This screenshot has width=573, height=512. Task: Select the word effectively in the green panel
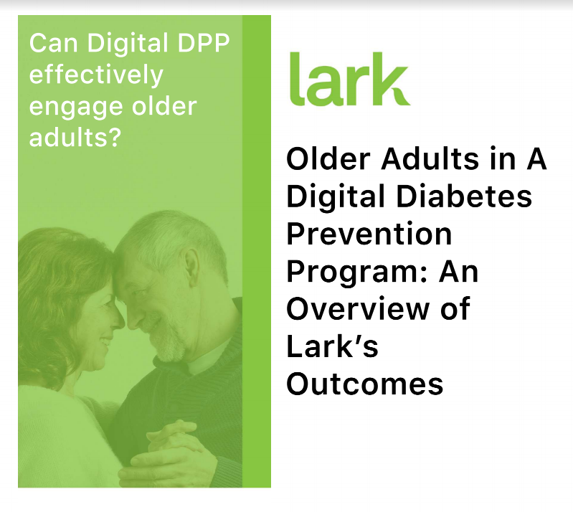[96, 75]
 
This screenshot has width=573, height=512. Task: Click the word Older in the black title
[323, 159]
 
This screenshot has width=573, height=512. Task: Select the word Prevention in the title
[369, 234]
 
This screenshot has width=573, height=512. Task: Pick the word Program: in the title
[356, 272]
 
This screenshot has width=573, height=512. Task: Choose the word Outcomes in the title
[364, 384]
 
